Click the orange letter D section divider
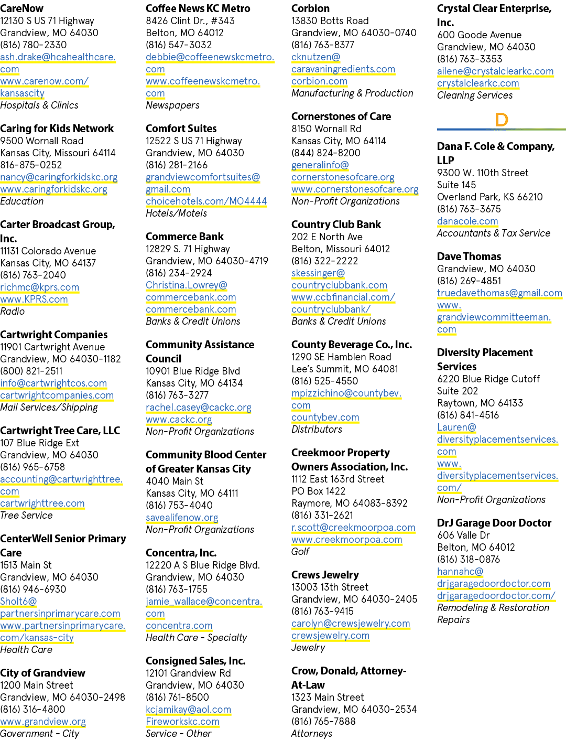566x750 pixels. tap(502, 120)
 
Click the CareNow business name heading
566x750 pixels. tap(22, 8)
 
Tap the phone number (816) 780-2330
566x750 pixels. tap(34, 45)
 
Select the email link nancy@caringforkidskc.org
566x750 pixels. tap(59, 177)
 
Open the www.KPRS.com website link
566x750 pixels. tap(34, 299)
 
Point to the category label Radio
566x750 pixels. tap(12, 311)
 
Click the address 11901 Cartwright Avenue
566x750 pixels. tap(52, 347)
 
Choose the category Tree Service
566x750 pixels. tap(26, 515)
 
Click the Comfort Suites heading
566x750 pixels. tap(181, 128)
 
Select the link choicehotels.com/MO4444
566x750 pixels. tap(206, 201)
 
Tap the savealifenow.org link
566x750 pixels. tap(182, 517)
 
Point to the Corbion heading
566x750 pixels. tap(311, 8)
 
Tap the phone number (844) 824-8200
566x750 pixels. tap(326, 153)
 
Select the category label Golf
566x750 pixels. tap(300, 551)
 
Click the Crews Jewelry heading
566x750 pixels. tap(325, 575)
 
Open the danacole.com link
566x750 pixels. tap(467, 221)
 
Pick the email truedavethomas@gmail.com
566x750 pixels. tap(500, 293)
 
